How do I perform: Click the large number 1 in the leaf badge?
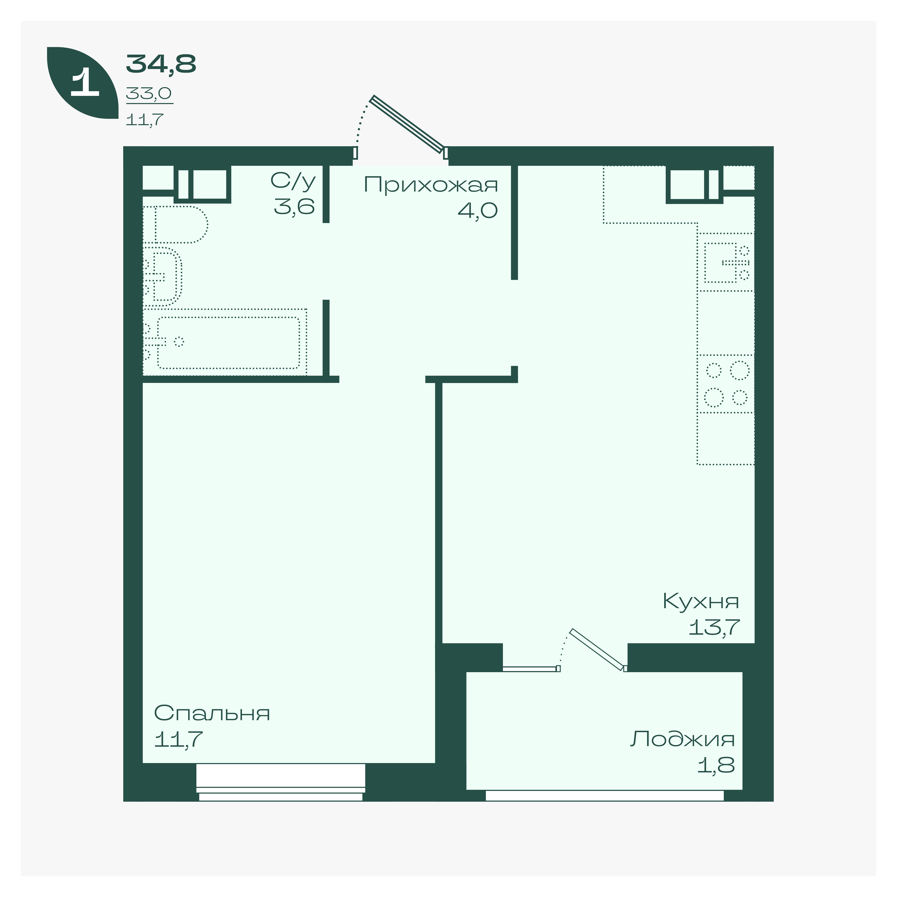click(85, 83)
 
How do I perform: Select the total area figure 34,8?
click(161, 64)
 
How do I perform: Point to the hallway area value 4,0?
click(478, 210)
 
